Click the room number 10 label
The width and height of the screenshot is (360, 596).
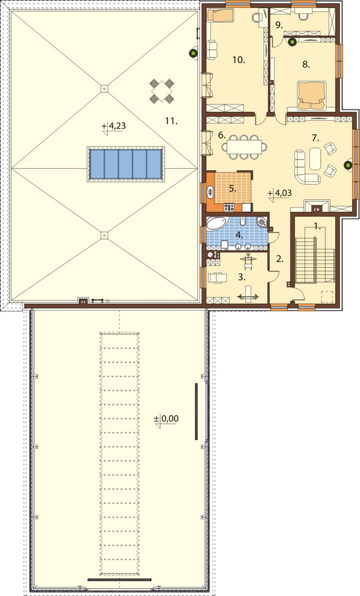click(239, 60)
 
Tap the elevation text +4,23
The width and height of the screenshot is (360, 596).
click(114, 126)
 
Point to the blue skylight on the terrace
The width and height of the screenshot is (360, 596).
click(125, 164)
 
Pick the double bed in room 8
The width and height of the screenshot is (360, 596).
click(312, 93)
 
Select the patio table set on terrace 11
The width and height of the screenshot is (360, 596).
click(162, 91)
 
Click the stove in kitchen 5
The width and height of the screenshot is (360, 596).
click(229, 207)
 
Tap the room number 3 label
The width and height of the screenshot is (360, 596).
click(241, 278)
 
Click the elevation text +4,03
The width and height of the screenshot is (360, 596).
click(280, 193)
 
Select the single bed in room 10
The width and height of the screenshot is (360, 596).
click(220, 16)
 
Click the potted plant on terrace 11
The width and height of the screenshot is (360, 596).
click(194, 53)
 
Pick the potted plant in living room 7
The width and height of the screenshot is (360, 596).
click(347, 165)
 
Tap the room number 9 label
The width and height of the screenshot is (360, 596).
click(279, 25)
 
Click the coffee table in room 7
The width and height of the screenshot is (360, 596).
click(315, 158)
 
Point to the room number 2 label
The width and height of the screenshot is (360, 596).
click(280, 259)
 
